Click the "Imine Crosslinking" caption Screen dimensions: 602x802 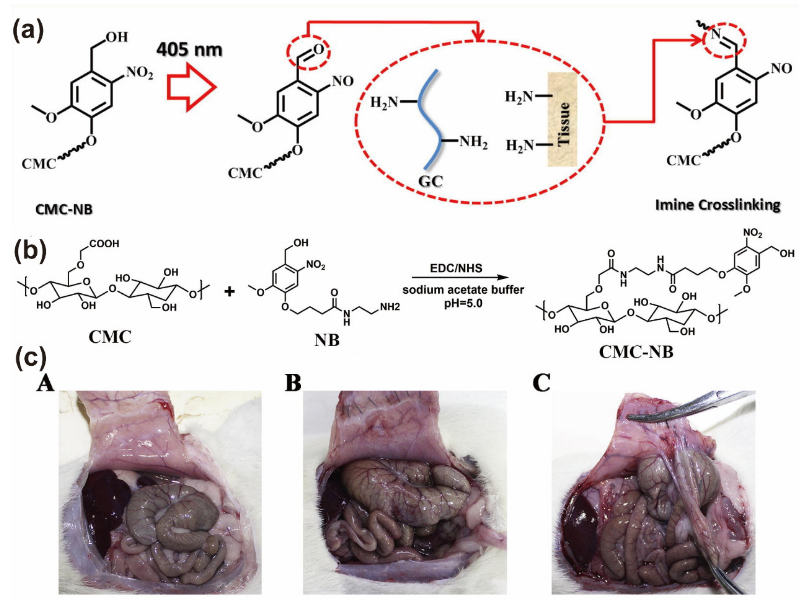[718, 205]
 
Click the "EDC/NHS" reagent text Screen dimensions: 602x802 [456, 268]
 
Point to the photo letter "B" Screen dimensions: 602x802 [293, 383]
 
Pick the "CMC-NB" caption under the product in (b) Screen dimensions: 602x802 [636, 352]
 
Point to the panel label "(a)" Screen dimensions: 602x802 [28, 31]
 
